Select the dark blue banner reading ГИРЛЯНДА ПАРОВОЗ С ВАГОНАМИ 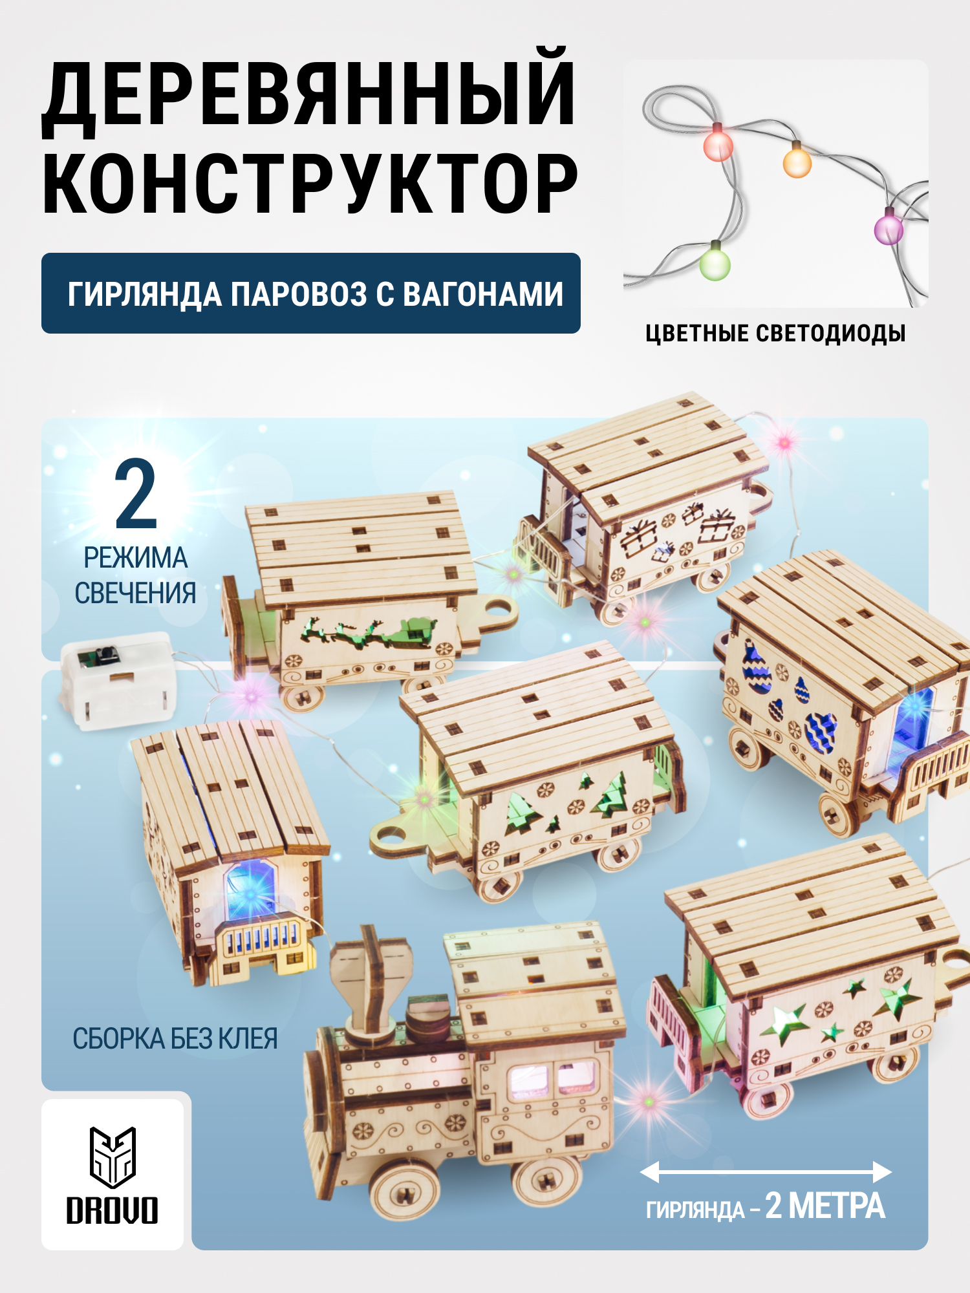click(310, 294)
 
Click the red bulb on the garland click(718, 145)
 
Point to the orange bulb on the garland click(797, 162)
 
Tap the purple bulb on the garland click(888, 229)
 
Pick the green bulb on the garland click(715, 264)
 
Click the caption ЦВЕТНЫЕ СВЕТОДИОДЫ click(775, 334)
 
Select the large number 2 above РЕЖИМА click(136, 495)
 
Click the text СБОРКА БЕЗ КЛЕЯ click(175, 1039)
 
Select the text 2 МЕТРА click(824, 1206)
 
